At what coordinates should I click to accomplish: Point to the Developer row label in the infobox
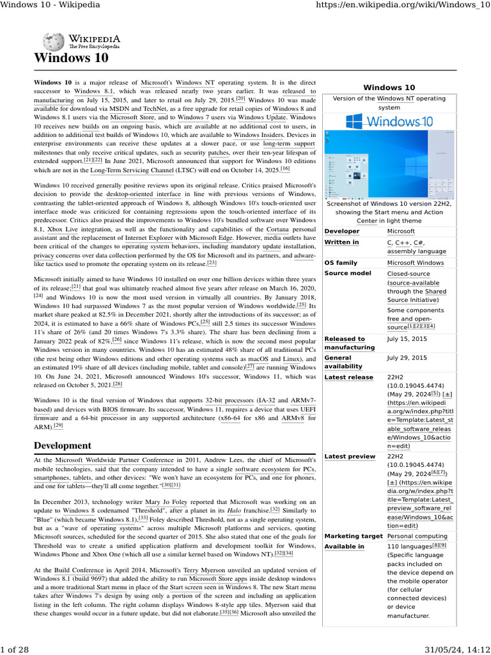(342, 231)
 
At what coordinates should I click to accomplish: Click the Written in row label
(341, 242)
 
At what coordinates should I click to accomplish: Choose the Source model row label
(347, 273)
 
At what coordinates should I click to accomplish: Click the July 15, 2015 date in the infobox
(407, 339)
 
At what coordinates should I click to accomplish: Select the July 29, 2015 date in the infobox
(407, 358)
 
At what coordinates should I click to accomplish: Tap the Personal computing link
(417, 535)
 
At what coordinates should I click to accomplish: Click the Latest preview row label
(350, 456)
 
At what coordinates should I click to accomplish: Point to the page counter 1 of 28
(15, 649)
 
